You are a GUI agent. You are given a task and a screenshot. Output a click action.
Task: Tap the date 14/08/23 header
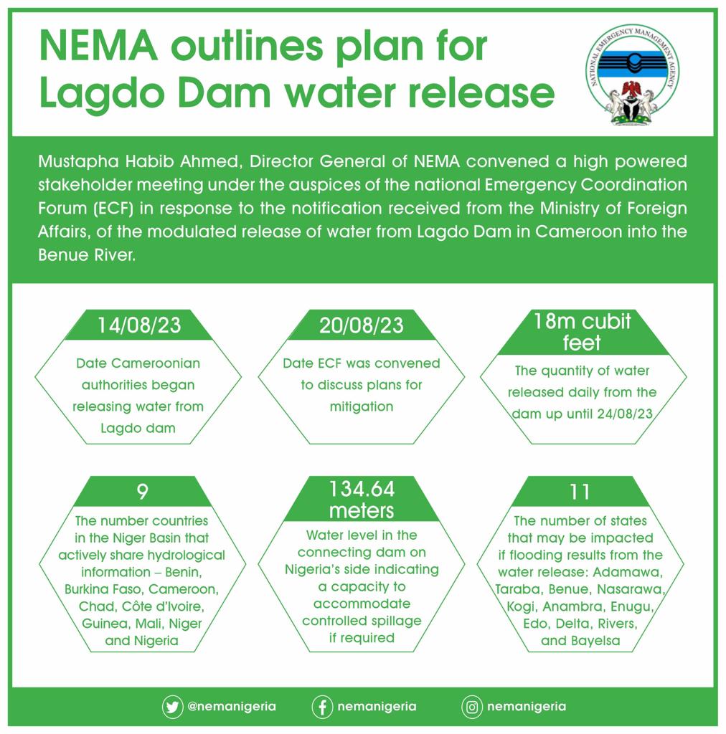click(x=139, y=325)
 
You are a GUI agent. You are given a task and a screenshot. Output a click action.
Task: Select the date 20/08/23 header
click(x=362, y=325)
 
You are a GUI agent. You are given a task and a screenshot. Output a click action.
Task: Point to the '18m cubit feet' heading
click(x=582, y=331)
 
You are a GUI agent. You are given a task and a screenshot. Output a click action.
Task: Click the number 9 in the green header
click(x=142, y=492)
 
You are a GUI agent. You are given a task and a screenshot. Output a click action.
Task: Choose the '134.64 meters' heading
click(x=362, y=500)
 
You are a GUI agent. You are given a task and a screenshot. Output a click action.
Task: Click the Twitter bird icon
click(x=172, y=707)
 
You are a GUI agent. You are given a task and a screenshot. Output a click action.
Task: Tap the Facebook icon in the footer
click(x=322, y=707)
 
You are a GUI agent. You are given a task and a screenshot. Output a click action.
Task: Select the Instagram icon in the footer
click(x=471, y=707)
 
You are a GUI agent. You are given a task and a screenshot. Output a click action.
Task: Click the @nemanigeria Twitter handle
click(x=231, y=707)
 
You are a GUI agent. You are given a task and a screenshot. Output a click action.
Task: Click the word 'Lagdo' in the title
click(x=88, y=94)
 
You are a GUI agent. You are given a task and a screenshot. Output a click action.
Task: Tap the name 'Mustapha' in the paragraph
click(x=73, y=161)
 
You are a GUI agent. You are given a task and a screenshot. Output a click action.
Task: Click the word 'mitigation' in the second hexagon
click(x=362, y=406)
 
